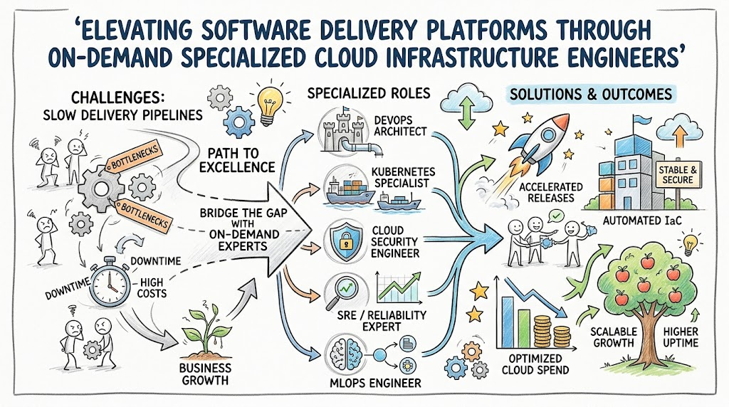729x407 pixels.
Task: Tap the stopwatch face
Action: click(x=110, y=281)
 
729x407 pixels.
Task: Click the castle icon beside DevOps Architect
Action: click(x=344, y=132)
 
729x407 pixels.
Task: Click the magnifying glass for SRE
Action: click(x=340, y=291)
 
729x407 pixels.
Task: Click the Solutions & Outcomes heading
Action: click(x=590, y=95)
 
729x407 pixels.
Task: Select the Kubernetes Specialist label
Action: click(x=403, y=177)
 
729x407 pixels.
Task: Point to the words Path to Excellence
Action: click(x=238, y=159)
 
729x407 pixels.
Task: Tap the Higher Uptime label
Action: click(x=681, y=337)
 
